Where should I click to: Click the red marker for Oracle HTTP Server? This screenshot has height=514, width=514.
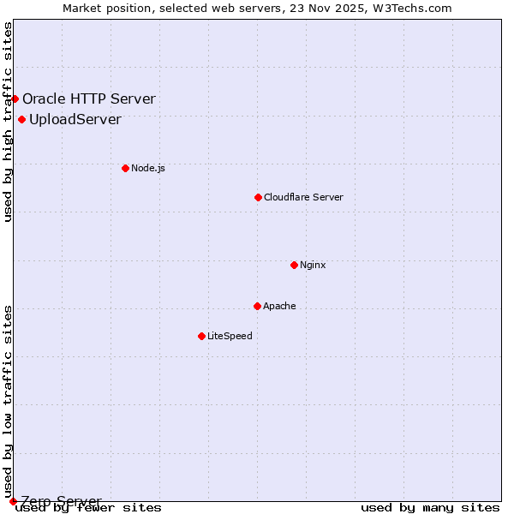click(x=15, y=99)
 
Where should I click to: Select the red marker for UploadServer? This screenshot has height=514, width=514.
click(x=21, y=119)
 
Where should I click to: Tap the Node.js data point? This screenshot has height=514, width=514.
click(x=125, y=168)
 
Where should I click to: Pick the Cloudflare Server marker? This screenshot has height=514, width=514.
click(x=258, y=197)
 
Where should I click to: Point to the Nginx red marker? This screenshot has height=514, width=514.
click(x=294, y=265)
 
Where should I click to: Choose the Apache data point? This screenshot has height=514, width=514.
click(x=257, y=306)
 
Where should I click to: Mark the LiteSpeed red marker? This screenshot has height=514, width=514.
click(x=201, y=336)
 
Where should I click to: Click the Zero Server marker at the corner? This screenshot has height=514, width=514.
click(x=13, y=501)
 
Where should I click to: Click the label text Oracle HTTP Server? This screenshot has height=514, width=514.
click(x=89, y=99)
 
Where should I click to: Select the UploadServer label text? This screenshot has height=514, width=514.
click(x=75, y=119)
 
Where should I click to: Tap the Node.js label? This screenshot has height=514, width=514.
click(x=148, y=168)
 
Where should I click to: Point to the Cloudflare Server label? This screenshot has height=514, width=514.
click(x=303, y=197)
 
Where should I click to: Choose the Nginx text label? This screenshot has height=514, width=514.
click(x=313, y=265)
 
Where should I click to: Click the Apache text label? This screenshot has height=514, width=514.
click(x=279, y=306)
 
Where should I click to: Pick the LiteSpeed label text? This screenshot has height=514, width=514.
click(x=230, y=336)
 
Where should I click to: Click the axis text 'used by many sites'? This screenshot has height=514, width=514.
click(x=430, y=508)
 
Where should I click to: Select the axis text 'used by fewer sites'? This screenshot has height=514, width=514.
click(x=89, y=508)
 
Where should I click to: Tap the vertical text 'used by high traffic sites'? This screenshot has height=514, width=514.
click(x=8, y=122)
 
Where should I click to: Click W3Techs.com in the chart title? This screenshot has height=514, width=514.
click(x=412, y=8)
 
